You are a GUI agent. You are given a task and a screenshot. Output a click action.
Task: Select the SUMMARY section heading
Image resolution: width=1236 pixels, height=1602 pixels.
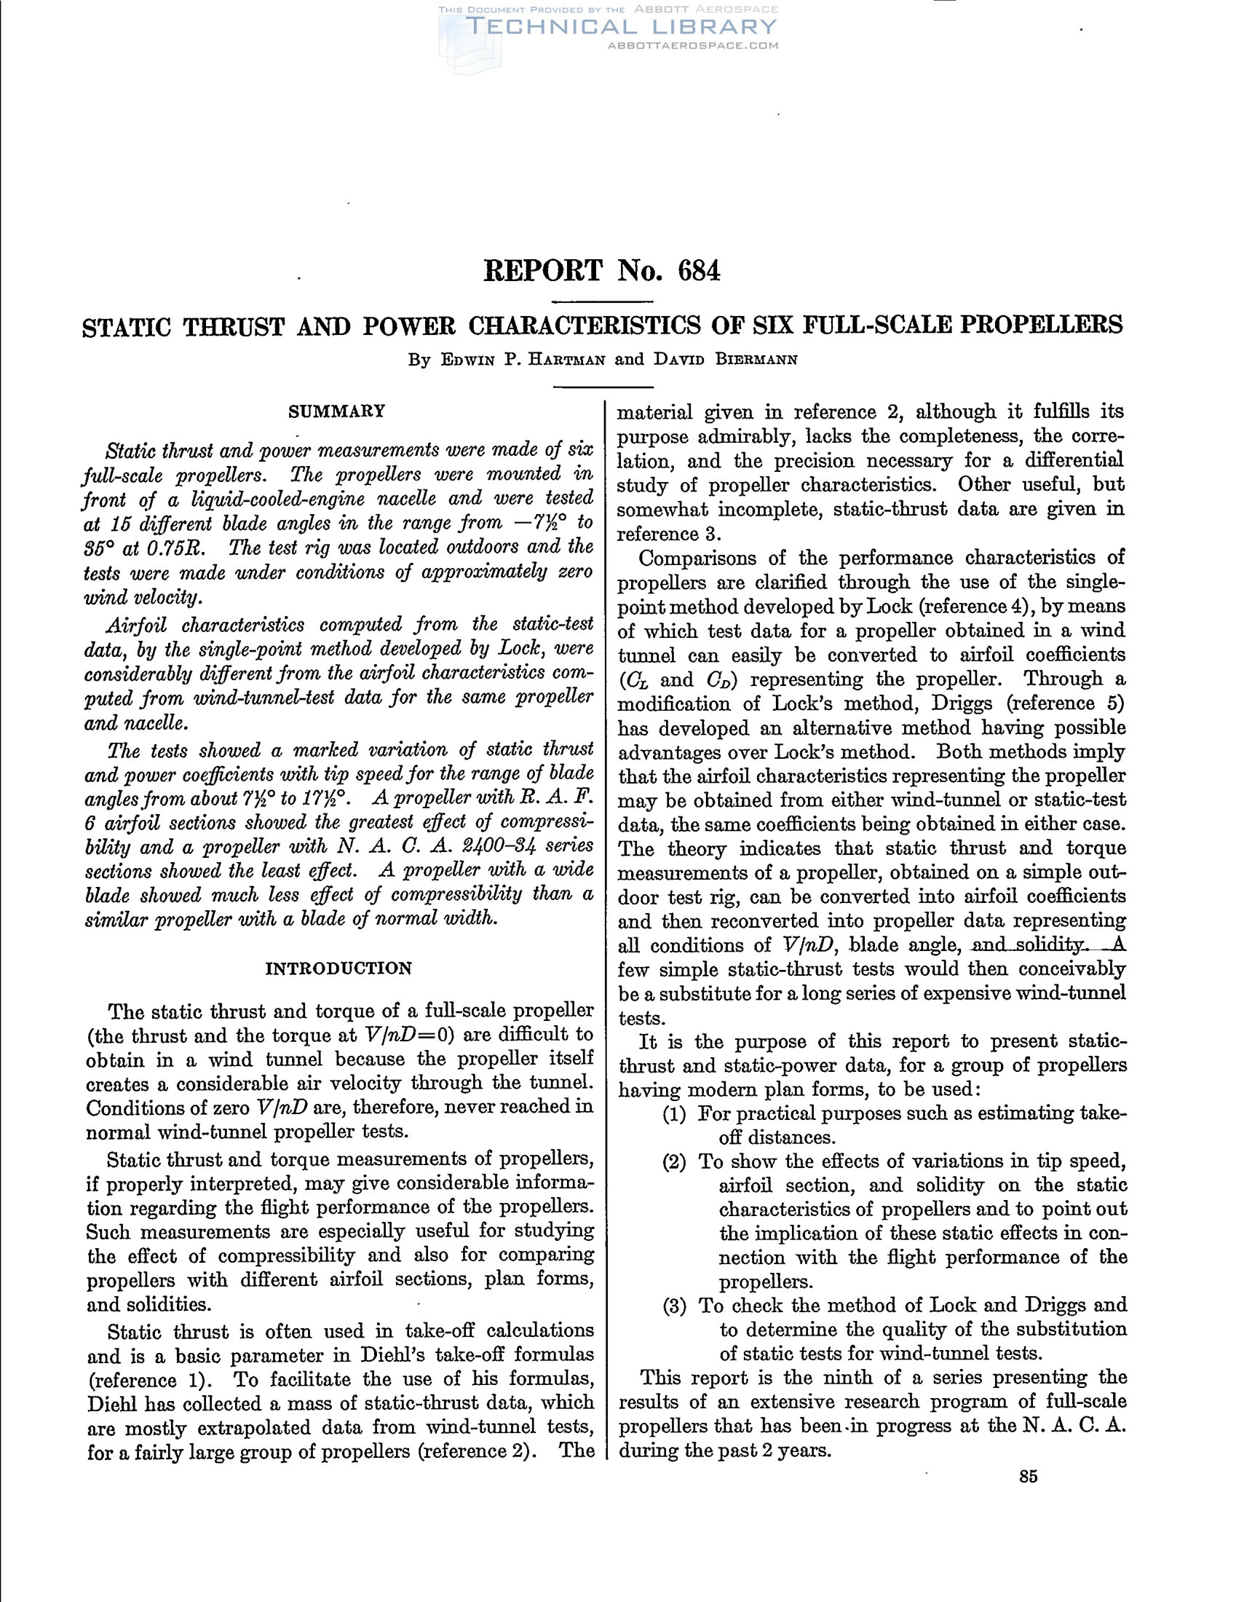tap(336, 411)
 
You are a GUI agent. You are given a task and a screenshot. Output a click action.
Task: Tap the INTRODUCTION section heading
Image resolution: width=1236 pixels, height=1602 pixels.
tap(338, 968)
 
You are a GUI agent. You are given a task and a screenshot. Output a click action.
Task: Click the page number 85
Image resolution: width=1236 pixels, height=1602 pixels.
tap(1028, 1477)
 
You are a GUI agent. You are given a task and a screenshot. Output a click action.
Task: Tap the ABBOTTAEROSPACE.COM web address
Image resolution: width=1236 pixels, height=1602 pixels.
tap(693, 45)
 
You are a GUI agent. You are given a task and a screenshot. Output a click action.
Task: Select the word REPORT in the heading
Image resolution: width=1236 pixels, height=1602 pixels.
tap(542, 272)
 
